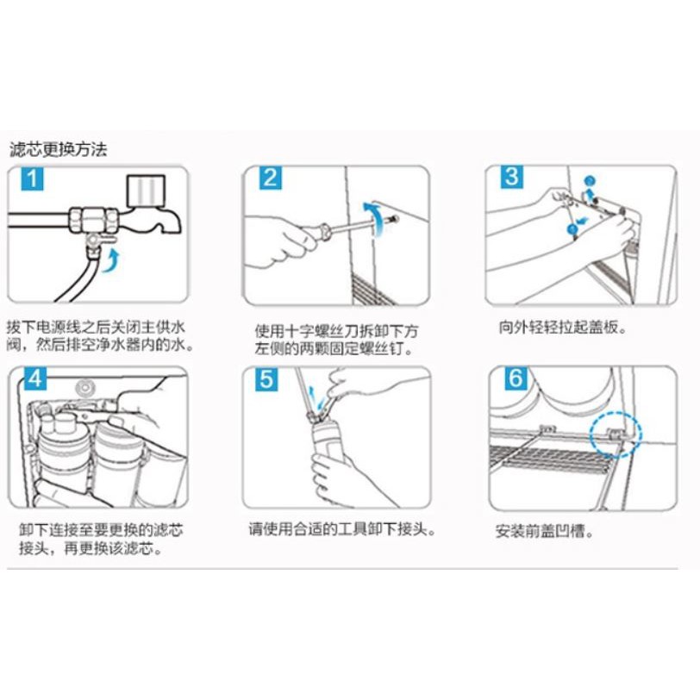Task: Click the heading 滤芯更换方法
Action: point(59,149)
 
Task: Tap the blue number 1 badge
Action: point(32,179)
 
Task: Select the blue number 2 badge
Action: point(271,178)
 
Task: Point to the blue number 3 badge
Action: point(511,178)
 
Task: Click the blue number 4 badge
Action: point(35,379)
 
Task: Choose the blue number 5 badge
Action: point(266,380)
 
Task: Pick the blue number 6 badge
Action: point(516,378)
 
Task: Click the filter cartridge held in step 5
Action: point(327,441)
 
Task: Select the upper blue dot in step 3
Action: point(591,181)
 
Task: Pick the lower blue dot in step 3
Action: point(572,229)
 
